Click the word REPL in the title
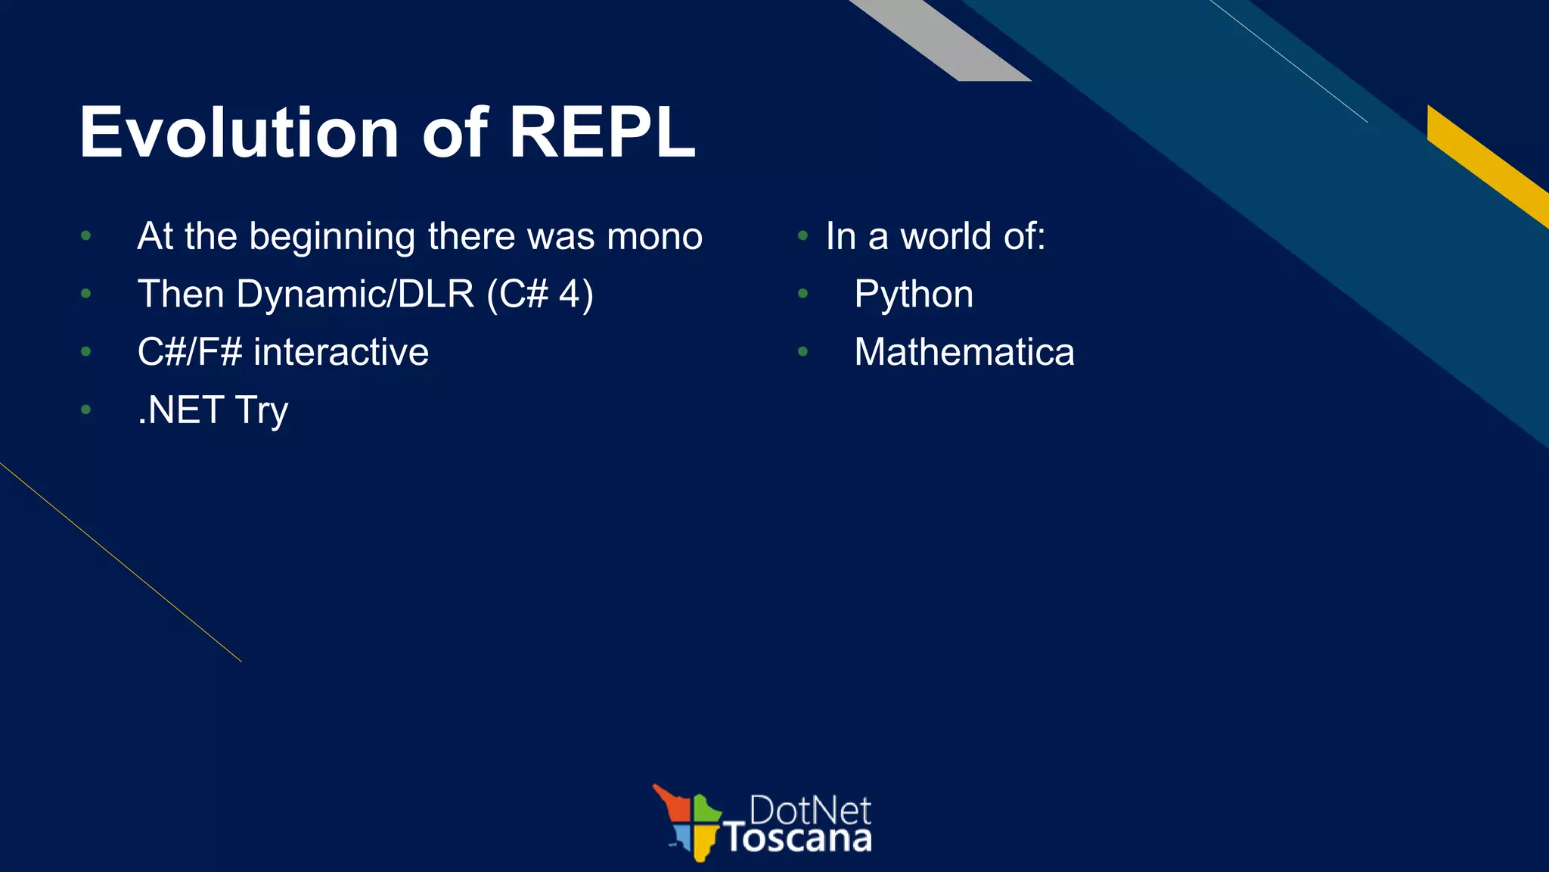click(x=601, y=133)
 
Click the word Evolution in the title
click(x=239, y=133)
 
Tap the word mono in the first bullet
click(x=654, y=236)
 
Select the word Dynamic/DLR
click(x=355, y=294)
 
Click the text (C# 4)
click(x=540, y=294)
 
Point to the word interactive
click(x=341, y=352)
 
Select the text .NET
click(x=181, y=410)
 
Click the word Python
click(x=914, y=294)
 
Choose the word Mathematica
click(x=964, y=352)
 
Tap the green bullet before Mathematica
click(x=802, y=352)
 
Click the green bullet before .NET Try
click(x=85, y=410)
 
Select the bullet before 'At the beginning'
click(x=85, y=236)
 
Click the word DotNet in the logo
click(x=809, y=811)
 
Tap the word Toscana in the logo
click(x=798, y=839)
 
